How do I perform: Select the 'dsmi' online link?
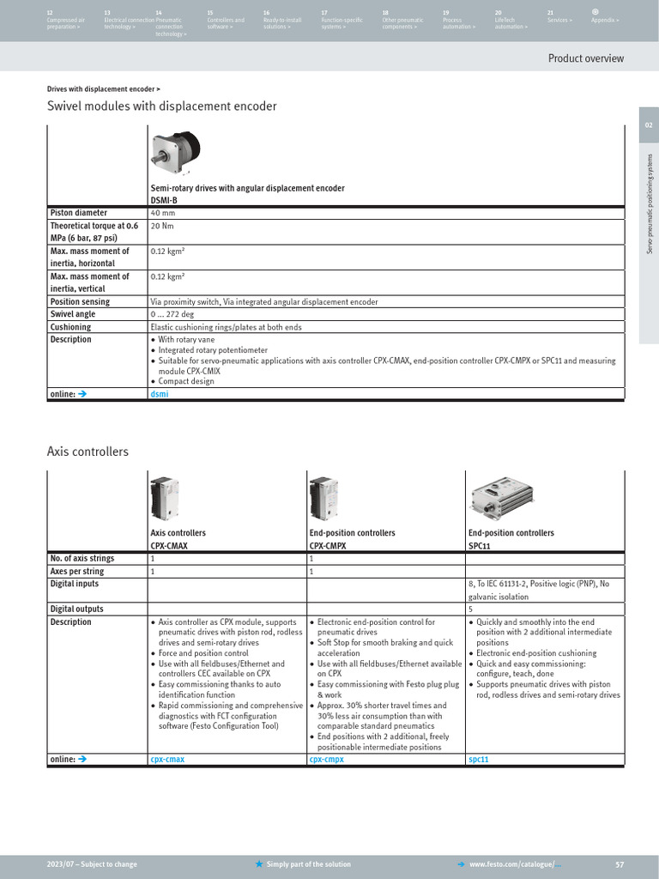[159, 394]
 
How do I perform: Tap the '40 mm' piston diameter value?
[162, 213]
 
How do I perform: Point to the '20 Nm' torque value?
[161, 226]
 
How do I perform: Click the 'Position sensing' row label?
[80, 302]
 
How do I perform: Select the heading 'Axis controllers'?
[88, 452]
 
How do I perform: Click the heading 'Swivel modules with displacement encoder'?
[161, 106]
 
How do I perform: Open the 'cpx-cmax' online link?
[167, 760]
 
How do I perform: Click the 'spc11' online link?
[479, 760]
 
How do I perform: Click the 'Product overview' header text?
[586, 58]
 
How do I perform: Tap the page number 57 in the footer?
[620, 864]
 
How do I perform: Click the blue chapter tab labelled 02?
[649, 125]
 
